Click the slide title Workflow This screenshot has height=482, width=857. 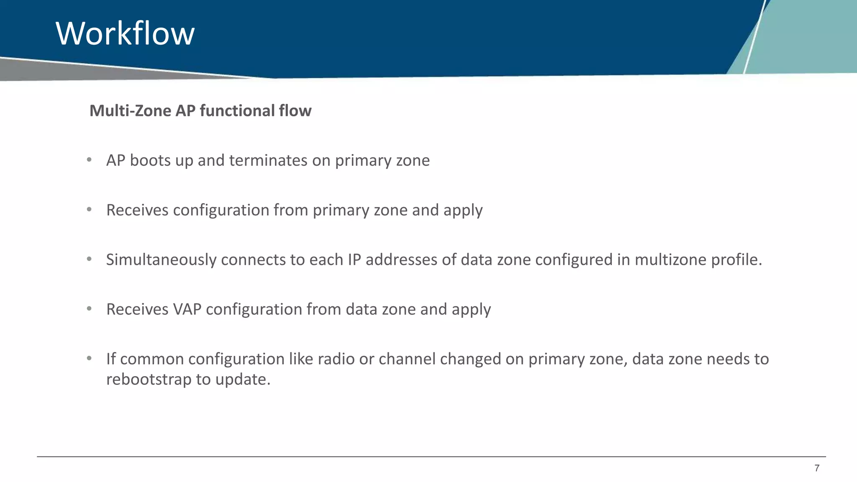point(125,33)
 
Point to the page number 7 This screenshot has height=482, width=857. point(816,468)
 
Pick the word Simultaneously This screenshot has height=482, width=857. point(161,260)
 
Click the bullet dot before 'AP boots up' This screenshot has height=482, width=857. point(89,160)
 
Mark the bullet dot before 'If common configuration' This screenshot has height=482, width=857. point(89,359)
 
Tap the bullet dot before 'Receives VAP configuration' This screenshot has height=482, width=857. point(89,309)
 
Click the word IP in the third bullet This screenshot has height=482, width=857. point(354,260)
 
